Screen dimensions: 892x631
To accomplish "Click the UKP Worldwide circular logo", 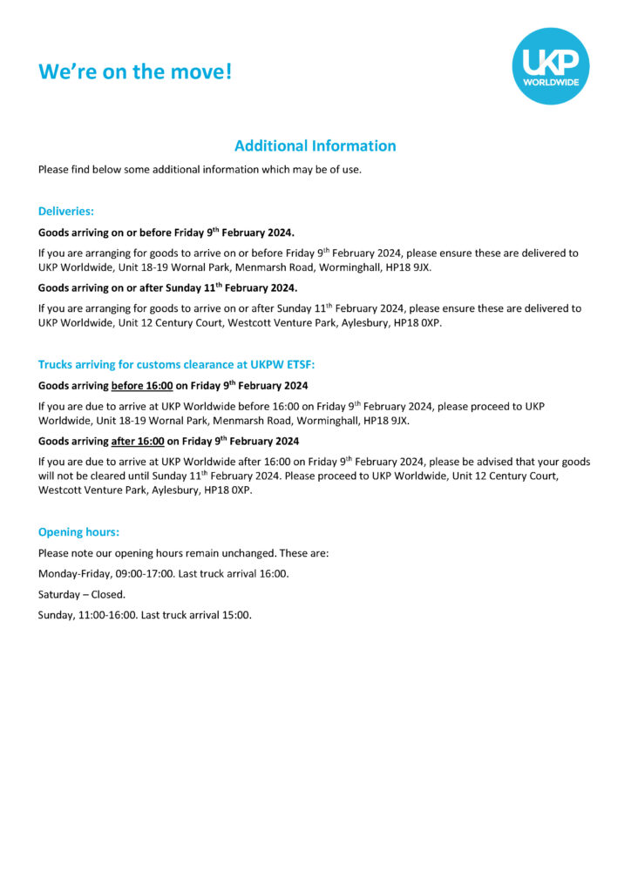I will pos(550,65).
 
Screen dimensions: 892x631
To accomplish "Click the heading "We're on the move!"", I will pos(135,71).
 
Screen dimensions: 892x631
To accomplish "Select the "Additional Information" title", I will pos(315,145).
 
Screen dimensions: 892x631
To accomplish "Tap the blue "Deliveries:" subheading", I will pos(66,211).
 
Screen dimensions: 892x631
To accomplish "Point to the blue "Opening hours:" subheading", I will pos(78,531).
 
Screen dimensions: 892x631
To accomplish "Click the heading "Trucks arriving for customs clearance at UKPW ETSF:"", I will pos(176,364).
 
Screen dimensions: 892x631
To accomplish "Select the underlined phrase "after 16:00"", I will pos(138,441).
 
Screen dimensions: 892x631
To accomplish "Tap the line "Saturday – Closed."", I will pos(82,594).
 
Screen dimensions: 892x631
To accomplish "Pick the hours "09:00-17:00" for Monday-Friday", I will pos(145,573).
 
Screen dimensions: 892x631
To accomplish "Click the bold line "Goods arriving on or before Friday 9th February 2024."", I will pos(166,232).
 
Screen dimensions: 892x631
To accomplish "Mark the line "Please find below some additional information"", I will pos(200,169).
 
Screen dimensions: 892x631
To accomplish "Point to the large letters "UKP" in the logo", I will pos(550,61).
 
